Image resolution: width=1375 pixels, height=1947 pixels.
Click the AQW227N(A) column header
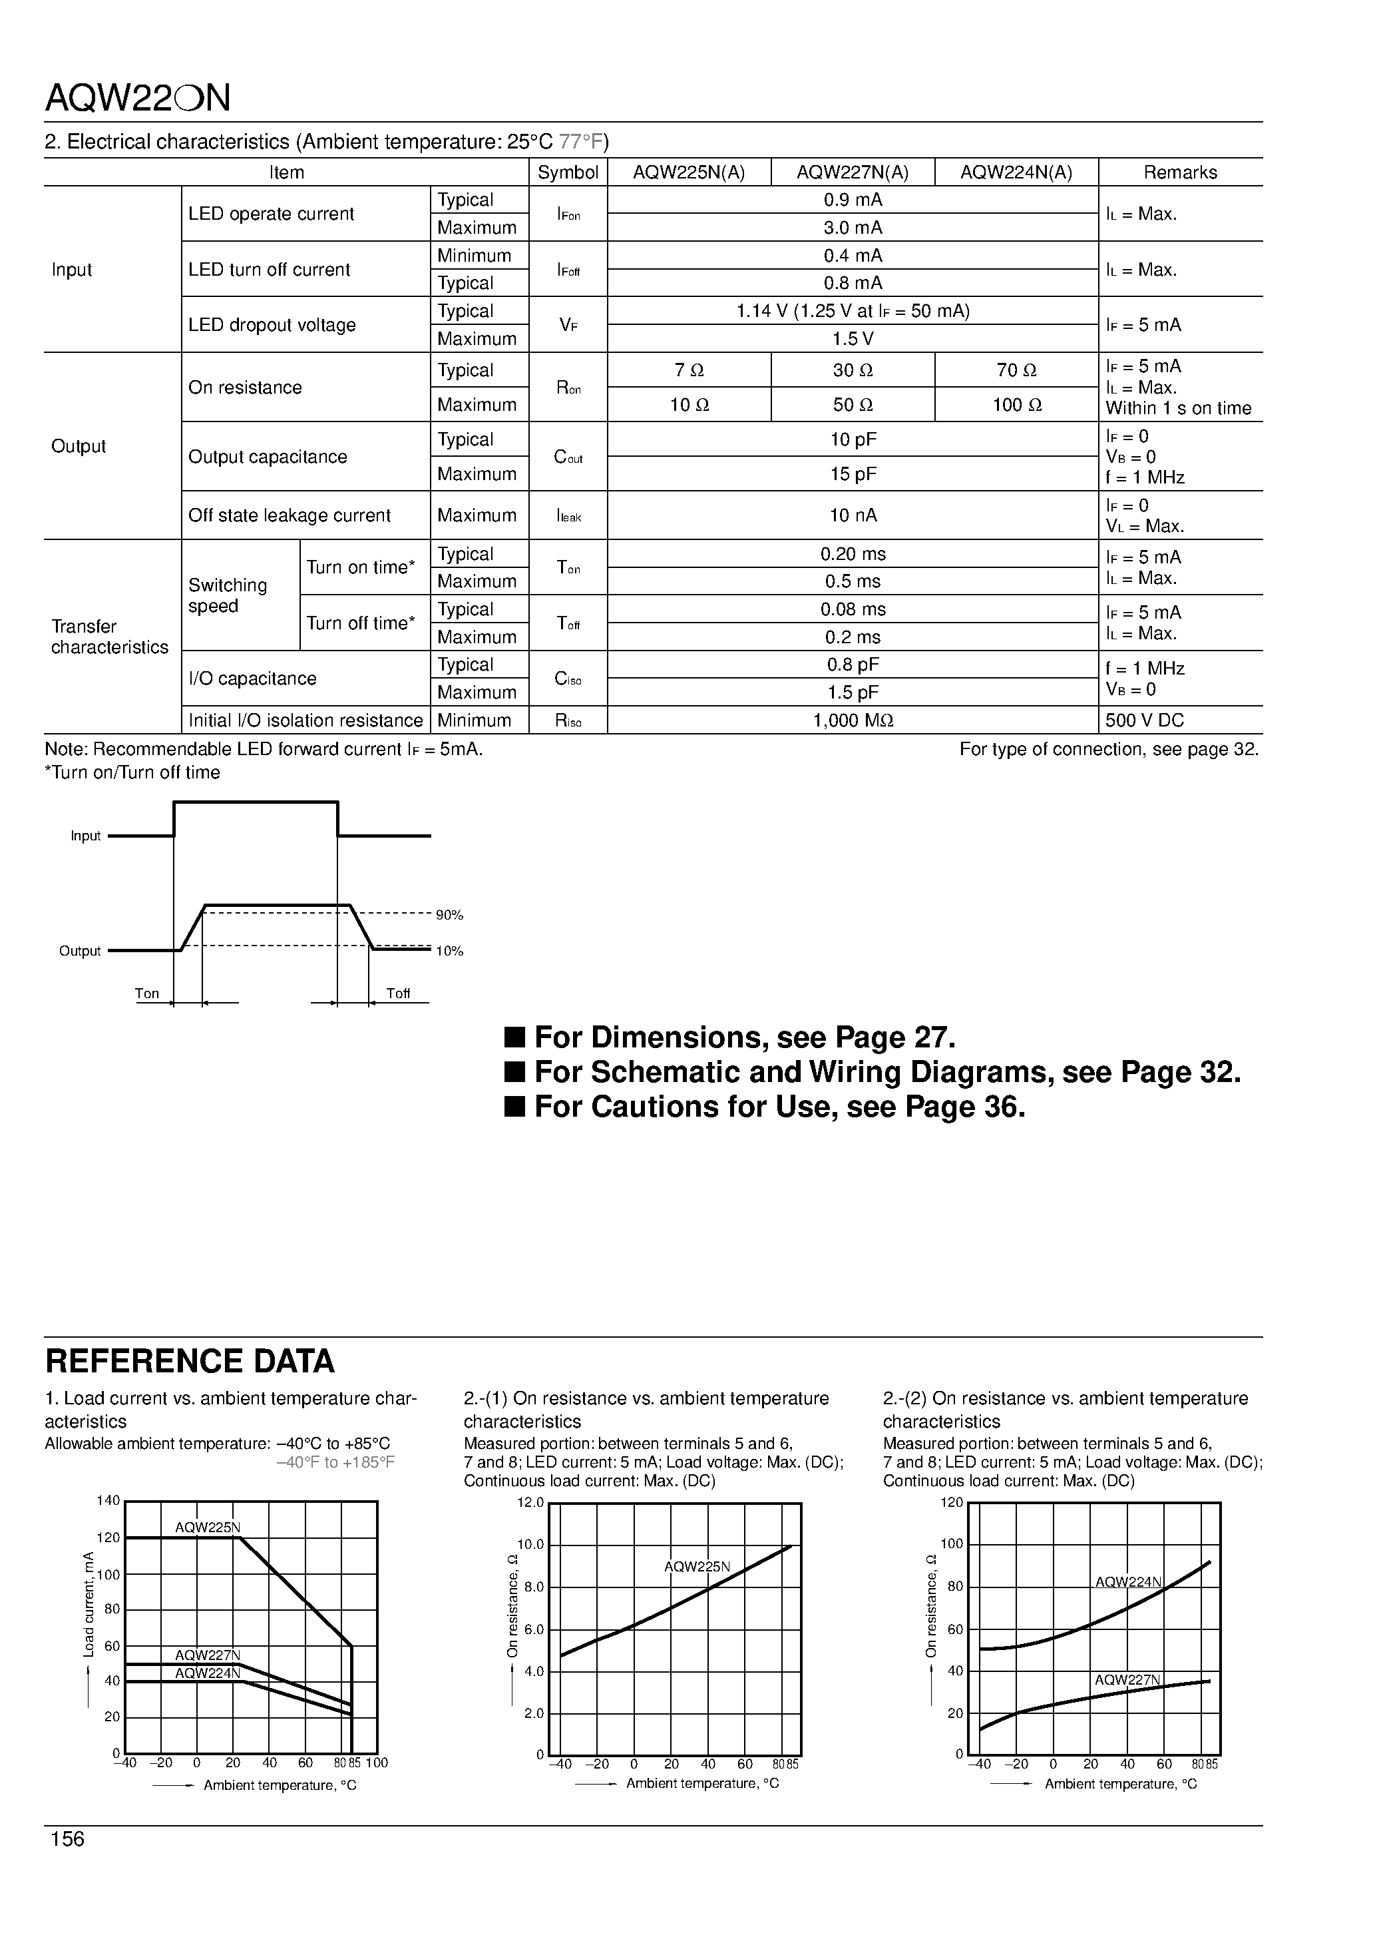click(x=852, y=172)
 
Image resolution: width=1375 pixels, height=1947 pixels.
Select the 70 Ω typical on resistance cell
click(x=1016, y=371)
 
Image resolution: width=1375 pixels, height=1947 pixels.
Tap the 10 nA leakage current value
click(x=853, y=515)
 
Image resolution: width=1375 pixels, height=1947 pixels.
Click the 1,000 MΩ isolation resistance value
click(x=853, y=720)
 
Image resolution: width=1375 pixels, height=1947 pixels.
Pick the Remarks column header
click(x=1180, y=172)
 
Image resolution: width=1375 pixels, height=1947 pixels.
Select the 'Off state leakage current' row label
click(x=289, y=515)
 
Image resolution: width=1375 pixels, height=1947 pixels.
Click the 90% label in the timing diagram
click(x=449, y=915)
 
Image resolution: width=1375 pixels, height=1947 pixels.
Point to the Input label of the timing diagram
click(x=86, y=836)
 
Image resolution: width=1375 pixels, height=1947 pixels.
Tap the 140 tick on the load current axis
click(x=108, y=1500)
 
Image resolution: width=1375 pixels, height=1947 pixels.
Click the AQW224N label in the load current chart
click(x=208, y=1673)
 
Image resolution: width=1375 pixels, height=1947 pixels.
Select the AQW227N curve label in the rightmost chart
click(x=1127, y=1680)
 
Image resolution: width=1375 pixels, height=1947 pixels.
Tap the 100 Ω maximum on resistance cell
click(x=1016, y=406)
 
